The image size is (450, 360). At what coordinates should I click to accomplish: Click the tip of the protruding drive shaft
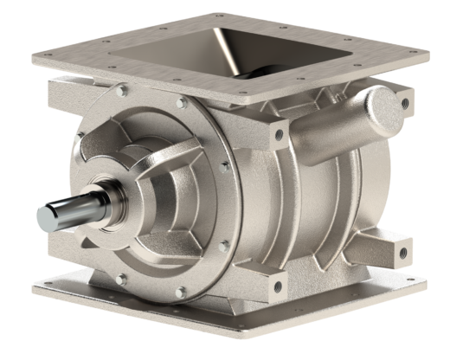pos(45,214)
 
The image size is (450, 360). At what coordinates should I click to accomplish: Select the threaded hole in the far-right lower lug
pos(401,252)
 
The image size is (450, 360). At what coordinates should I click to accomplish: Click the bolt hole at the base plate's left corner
pos(48,285)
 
